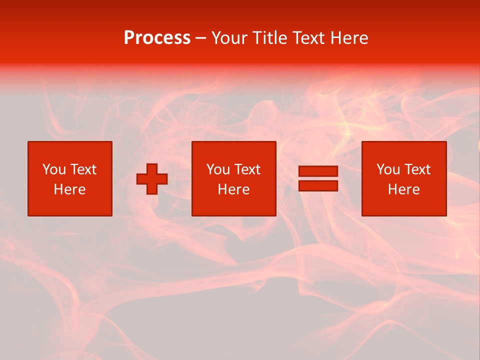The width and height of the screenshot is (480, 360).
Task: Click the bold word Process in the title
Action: pos(157,38)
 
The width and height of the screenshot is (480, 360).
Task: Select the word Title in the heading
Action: pos(271,38)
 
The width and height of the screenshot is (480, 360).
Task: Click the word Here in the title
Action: pos(349,38)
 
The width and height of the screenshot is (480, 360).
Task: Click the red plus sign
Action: pos(152,179)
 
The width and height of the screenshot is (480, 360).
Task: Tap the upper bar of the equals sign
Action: pos(318,171)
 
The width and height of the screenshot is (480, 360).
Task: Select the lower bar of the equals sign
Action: pos(318,185)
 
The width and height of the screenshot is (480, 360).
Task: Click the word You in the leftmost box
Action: pos(54,169)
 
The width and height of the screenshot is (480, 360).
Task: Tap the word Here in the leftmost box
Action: pos(69,189)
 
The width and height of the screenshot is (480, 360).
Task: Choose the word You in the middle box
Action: pos(218,169)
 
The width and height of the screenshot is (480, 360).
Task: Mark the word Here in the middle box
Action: pos(233,189)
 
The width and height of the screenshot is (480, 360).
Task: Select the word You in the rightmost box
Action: pos(388,169)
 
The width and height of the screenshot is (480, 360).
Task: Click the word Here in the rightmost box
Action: pos(403,189)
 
